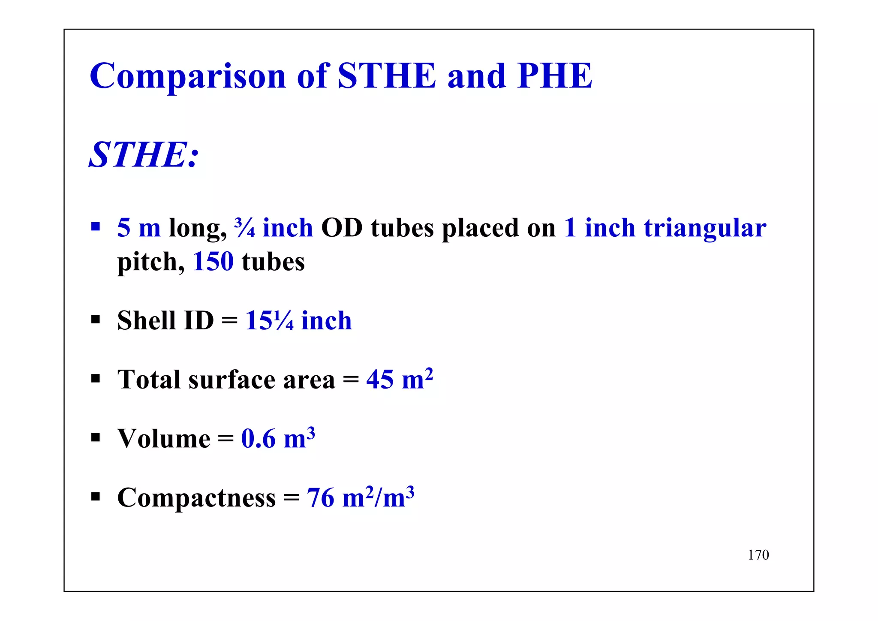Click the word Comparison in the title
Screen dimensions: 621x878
[x=188, y=76]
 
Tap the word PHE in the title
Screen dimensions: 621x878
[x=555, y=76]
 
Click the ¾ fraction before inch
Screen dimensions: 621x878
[x=244, y=228]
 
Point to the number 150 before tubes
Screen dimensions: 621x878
[x=213, y=262]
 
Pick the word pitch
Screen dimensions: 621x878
[x=150, y=262]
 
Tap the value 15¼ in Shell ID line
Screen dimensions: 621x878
[x=269, y=320]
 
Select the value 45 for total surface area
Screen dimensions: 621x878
[x=380, y=380]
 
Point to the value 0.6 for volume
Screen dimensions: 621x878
[x=258, y=439]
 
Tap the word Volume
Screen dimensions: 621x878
[x=164, y=439]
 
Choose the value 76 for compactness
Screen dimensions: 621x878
[x=320, y=498]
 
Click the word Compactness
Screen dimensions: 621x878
[x=196, y=498]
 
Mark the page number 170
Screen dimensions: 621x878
[x=758, y=555]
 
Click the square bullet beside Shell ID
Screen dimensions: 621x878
[x=96, y=320]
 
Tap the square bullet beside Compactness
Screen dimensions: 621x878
[x=96, y=497]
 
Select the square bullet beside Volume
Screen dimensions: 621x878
[x=96, y=438]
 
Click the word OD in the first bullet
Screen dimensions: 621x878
[x=342, y=228]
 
